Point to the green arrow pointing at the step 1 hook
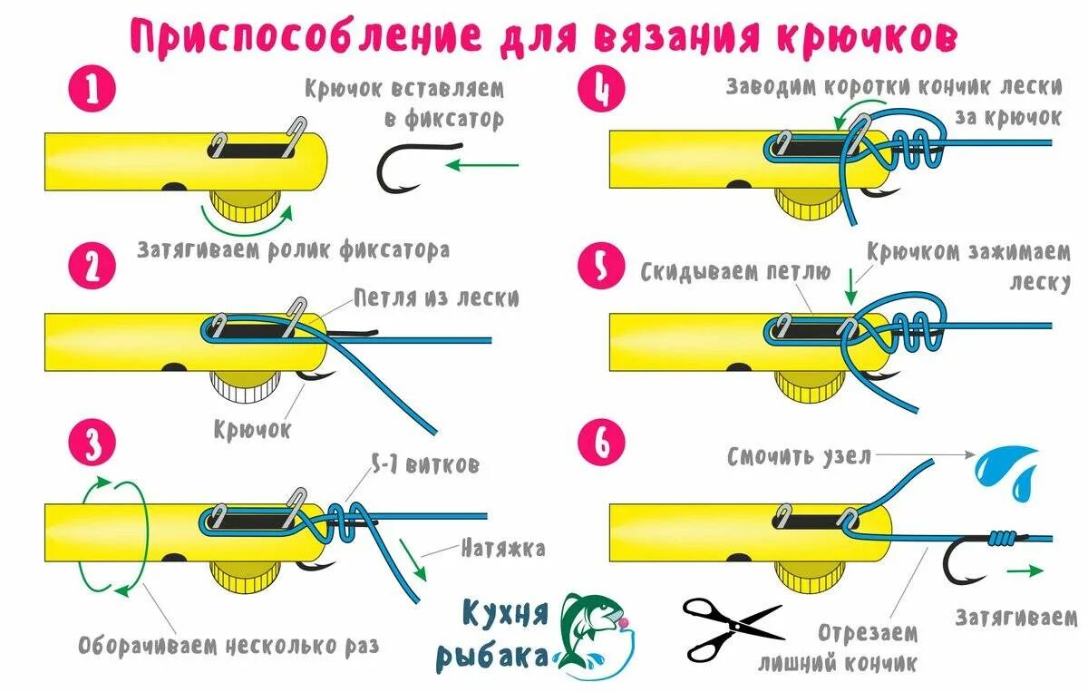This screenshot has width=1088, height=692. pos(485,165)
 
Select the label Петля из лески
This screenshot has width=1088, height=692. pos(437,297)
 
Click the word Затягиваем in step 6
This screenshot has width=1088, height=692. pos(1015,618)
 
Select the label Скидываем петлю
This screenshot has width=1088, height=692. pos(735,271)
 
